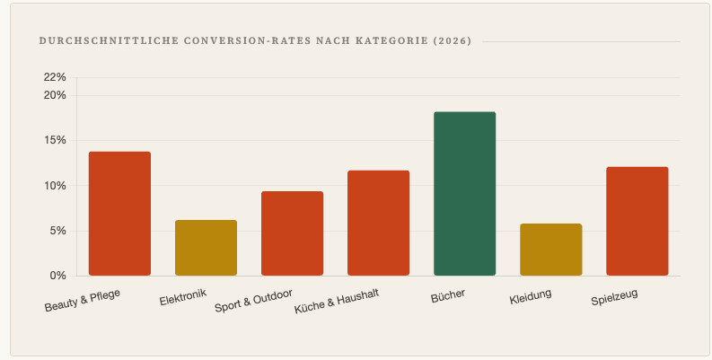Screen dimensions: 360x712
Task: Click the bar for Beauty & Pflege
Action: [119, 214]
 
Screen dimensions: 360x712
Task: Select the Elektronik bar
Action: [206, 248]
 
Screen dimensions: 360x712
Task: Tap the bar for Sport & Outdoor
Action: [292, 233]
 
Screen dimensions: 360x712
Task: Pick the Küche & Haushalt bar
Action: [378, 223]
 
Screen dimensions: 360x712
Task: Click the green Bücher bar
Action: [464, 194]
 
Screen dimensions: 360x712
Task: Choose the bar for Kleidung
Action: [550, 250]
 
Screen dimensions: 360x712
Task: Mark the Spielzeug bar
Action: [637, 221]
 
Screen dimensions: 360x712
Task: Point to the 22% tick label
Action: [55, 77]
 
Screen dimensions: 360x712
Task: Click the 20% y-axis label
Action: [55, 95]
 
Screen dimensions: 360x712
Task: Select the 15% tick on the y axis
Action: [55, 140]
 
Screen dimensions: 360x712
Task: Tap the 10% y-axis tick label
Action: [55, 186]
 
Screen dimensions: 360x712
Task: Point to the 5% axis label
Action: [57, 231]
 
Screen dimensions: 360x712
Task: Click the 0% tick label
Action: [57, 276]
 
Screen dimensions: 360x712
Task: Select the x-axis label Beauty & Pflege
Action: [82, 300]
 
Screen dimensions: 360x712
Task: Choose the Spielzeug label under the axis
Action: [614, 296]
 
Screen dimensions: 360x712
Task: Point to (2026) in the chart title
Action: [452, 41]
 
